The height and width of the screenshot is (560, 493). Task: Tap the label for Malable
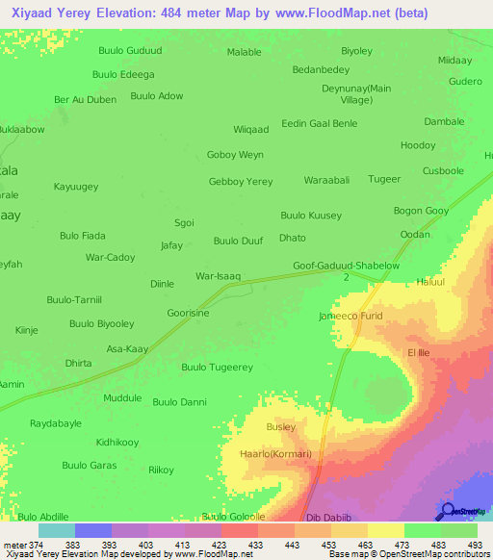click(x=244, y=52)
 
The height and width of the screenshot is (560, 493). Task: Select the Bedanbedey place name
click(x=321, y=69)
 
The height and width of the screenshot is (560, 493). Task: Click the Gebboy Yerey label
click(x=241, y=181)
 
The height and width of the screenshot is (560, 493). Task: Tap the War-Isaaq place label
click(x=218, y=276)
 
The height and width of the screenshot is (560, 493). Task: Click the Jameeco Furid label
click(x=350, y=316)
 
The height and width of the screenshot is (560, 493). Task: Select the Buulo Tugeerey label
click(x=218, y=368)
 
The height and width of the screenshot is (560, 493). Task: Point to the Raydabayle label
click(x=57, y=422)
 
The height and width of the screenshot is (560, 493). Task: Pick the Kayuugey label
click(x=76, y=187)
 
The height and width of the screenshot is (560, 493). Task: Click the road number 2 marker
click(x=346, y=277)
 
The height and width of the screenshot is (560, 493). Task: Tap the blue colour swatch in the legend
click(x=93, y=530)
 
